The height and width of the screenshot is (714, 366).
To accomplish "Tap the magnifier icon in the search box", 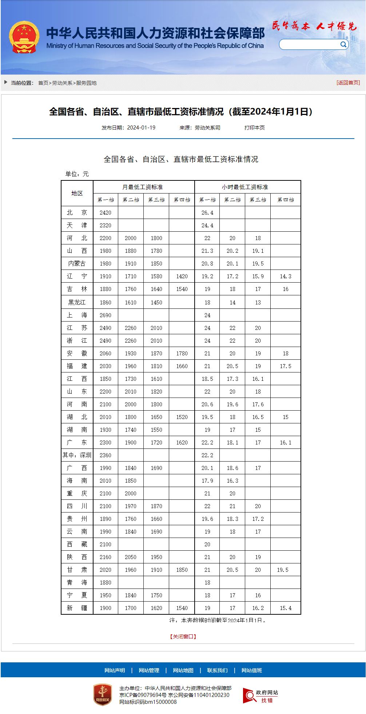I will pos(343,44).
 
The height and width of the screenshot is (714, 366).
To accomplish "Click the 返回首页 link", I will pos(348,83).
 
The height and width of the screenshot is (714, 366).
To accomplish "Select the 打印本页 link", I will pos(254,128).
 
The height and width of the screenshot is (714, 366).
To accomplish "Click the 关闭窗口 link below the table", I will pos(183,636).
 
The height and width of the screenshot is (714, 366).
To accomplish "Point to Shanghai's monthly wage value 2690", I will pos(106,315).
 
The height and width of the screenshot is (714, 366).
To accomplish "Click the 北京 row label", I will pos(77,212).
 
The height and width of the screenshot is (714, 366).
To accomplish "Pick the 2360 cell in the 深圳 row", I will pos(106,455).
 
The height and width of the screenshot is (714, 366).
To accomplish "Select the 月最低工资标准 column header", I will pos(142,187).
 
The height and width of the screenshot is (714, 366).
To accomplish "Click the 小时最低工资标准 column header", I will pos(245,187).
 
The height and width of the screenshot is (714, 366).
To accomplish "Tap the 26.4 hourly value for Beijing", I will pos(207,212).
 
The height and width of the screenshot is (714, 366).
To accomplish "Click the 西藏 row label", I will pos(77,544).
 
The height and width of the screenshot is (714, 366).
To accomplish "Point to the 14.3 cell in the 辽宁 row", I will pos(286,276).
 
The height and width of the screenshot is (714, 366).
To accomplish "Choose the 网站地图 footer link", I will pos(183,670).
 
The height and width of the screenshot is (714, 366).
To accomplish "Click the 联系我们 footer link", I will pos(217,670).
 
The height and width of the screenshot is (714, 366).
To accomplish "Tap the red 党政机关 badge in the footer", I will pos(103,694).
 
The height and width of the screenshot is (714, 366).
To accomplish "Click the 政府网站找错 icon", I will pos(260,696).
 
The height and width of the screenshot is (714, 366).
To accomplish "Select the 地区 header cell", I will pos(77,193).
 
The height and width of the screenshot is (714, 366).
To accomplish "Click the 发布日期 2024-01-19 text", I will pos(128,128).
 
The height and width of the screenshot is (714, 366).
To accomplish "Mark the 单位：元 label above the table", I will pos(77,174).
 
